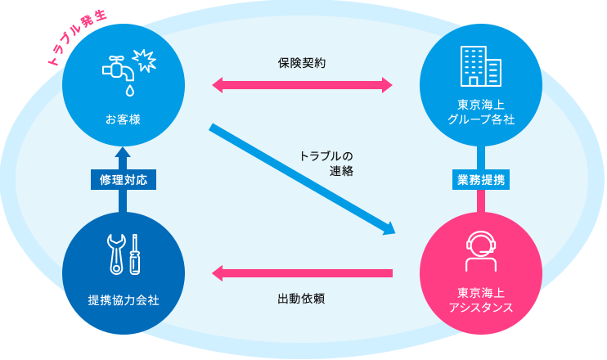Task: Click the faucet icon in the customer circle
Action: click(118, 69)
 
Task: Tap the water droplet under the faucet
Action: click(130, 91)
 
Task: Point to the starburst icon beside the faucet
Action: click(145, 60)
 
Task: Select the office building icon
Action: click(481, 66)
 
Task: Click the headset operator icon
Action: click(481, 251)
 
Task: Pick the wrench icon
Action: click(116, 254)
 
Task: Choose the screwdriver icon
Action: click(135, 254)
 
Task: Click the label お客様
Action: click(123, 119)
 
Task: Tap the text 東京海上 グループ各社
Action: click(481, 112)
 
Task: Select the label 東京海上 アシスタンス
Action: click(481, 300)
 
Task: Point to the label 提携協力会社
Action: click(123, 300)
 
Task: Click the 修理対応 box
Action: click(124, 180)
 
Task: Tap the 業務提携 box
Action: click(481, 180)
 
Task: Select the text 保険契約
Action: click(302, 63)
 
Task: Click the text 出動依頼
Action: click(301, 299)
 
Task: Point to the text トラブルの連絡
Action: click(326, 164)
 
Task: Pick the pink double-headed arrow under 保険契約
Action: click(302, 85)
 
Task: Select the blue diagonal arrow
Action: click(302, 179)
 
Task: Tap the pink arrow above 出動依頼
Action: click(302, 273)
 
